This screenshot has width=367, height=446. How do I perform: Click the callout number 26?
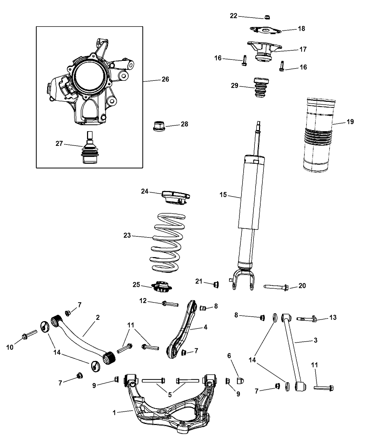(165, 79)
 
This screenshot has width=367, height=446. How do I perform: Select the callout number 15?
(223, 195)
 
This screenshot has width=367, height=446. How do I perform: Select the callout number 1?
(114, 413)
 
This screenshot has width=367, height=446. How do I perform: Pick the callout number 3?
(315, 340)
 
